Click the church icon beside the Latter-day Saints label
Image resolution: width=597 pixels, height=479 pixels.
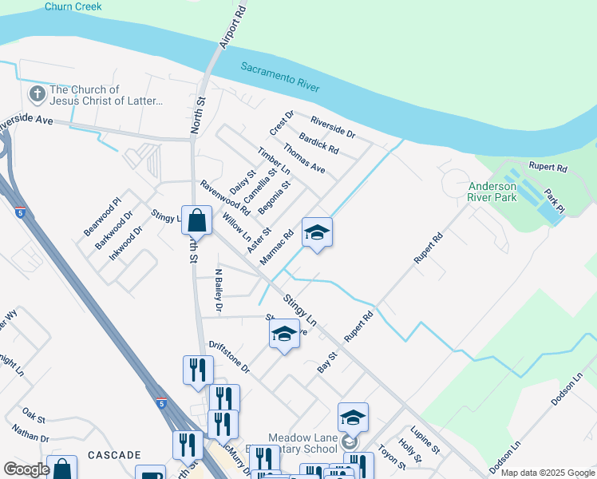[x=37, y=95]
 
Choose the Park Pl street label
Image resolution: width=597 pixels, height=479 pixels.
[x=554, y=200]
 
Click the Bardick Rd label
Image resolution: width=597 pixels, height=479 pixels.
[x=319, y=143]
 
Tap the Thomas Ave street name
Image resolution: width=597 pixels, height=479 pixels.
[x=304, y=158]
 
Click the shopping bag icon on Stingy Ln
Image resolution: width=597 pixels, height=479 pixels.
[x=196, y=219]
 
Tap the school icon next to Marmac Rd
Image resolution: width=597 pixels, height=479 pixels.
[x=317, y=232]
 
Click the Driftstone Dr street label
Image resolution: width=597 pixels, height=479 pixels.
[x=230, y=357]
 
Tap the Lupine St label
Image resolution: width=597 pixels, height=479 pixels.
[x=425, y=439]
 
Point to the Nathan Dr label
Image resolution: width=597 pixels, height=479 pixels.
[x=31, y=433]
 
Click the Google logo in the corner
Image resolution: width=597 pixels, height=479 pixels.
[x=26, y=469]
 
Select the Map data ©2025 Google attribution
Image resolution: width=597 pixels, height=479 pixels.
[x=547, y=473]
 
